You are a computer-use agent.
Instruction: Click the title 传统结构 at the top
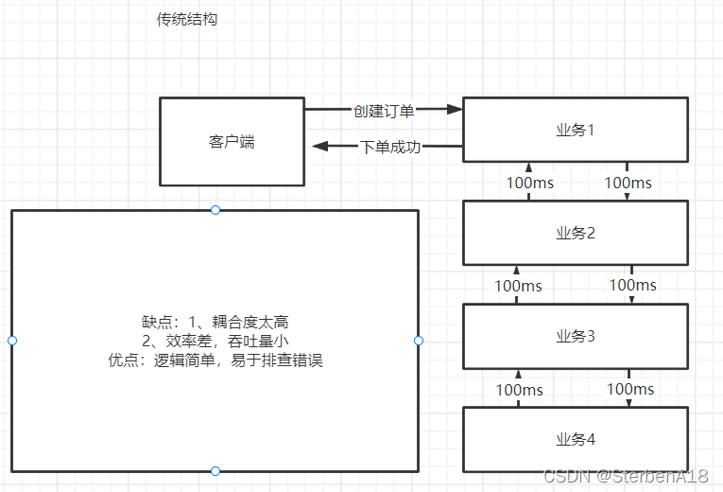[x=186, y=19]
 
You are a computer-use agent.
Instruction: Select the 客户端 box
[x=232, y=142]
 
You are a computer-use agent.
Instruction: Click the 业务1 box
[x=574, y=130]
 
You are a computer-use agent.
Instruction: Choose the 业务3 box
[x=574, y=336]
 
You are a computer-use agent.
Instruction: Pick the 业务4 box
[x=574, y=439]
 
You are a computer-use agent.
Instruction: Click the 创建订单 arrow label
[x=384, y=111]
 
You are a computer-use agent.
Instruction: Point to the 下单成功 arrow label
[x=390, y=147]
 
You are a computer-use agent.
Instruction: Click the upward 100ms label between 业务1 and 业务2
[x=529, y=182]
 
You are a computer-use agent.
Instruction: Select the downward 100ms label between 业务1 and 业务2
[x=628, y=182]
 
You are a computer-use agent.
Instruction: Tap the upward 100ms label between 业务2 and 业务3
[x=518, y=285]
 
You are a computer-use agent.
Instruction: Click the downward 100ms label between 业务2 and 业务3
[x=632, y=284]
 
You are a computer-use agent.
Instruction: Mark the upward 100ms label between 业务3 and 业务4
[x=520, y=389]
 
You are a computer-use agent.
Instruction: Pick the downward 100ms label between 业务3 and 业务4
[x=630, y=388]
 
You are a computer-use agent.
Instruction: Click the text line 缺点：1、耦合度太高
[x=215, y=322]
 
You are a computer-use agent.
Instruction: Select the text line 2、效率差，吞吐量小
[x=215, y=341]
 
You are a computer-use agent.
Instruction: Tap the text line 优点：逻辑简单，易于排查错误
[x=215, y=360]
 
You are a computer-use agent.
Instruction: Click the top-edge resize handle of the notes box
[x=215, y=210]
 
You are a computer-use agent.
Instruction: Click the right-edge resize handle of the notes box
[x=419, y=341]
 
